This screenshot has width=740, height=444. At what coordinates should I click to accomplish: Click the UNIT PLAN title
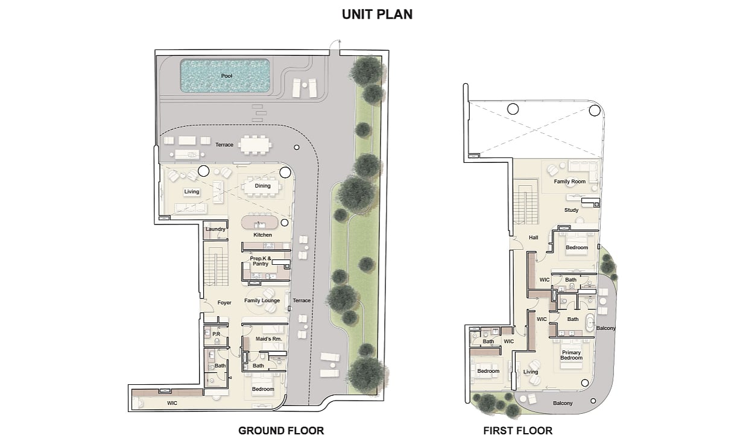pyautogui.click(x=377, y=14)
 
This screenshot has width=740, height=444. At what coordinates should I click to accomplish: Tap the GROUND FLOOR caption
pyautogui.click(x=281, y=431)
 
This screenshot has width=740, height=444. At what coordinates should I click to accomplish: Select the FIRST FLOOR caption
pyautogui.click(x=517, y=431)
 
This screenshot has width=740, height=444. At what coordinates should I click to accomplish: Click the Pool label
pyautogui.click(x=227, y=76)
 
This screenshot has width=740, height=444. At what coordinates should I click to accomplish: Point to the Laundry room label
pyautogui.click(x=215, y=229)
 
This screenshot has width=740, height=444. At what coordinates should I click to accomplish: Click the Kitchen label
pyautogui.click(x=262, y=235)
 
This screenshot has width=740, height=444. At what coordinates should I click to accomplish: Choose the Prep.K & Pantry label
pyautogui.click(x=261, y=261)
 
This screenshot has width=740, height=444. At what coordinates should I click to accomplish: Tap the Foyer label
pyautogui.click(x=224, y=303)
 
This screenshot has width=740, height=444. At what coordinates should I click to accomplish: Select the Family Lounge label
pyautogui.click(x=262, y=300)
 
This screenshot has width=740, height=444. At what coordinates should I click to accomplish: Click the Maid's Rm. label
pyautogui.click(x=268, y=339)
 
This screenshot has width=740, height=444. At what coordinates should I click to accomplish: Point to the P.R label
pyautogui.click(x=216, y=334)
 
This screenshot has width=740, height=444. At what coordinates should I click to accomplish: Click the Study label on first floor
pyautogui.click(x=571, y=210)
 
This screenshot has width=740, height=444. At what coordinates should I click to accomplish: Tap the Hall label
pyautogui.click(x=534, y=238)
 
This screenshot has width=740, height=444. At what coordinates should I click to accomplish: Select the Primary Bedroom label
pyautogui.click(x=571, y=355)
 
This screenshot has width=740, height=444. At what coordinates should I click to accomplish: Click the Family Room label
pyautogui.click(x=569, y=182)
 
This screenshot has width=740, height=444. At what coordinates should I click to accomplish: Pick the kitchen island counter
pyautogui.click(x=260, y=223)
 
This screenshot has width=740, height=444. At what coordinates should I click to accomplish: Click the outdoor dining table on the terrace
pyautogui.click(x=255, y=145)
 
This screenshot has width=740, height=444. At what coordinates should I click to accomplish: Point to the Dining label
pyautogui.click(x=262, y=186)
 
